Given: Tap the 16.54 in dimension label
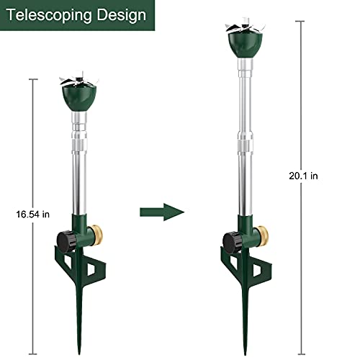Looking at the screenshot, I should [31, 214].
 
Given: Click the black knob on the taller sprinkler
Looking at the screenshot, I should [232, 240].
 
